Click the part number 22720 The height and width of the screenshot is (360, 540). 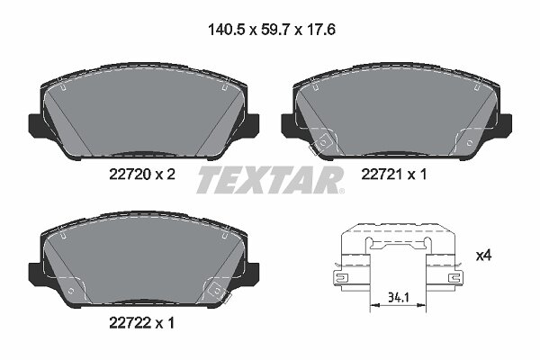(130, 175)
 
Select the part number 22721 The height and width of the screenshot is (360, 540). (382, 175)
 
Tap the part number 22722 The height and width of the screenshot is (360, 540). (130, 323)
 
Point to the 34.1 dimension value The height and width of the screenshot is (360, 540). (399, 297)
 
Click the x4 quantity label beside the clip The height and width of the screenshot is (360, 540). (484, 256)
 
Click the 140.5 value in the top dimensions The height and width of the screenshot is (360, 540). (226, 31)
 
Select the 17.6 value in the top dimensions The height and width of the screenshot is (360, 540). (319, 31)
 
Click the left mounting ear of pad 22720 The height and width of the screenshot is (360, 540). (36, 124)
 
